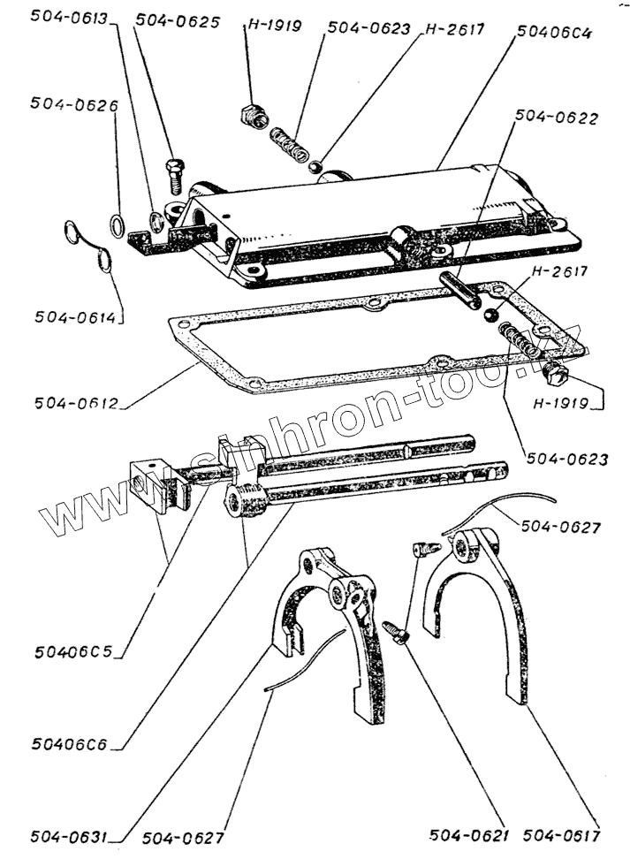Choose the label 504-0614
coord(77,315)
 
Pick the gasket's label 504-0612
coord(77,403)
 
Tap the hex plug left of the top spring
coord(250,115)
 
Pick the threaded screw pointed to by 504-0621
coord(394,631)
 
